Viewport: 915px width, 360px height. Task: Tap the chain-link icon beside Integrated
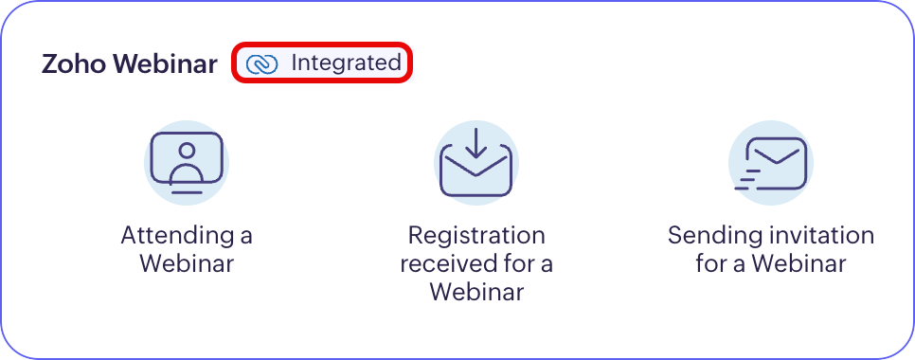click(261, 64)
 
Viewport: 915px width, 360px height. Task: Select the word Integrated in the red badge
click(346, 63)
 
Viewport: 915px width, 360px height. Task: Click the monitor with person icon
click(187, 162)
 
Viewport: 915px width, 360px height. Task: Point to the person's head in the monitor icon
click(187, 151)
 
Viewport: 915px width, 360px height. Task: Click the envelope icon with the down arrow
click(476, 163)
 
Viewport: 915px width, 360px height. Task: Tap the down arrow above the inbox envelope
click(476, 143)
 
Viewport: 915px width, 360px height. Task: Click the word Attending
click(176, 236)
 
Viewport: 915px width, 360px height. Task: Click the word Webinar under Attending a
click(187, 263)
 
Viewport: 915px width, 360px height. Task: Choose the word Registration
click(476, 236)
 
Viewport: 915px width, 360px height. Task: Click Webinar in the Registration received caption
click(476, 291)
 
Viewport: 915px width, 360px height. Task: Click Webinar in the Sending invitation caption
click(798, 263)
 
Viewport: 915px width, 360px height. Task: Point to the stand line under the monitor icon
click(187, 192)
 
